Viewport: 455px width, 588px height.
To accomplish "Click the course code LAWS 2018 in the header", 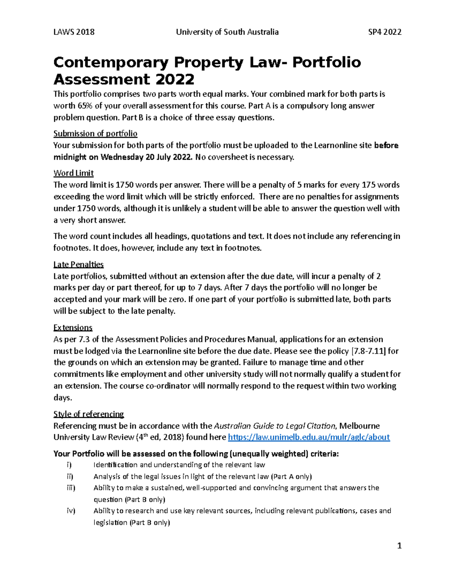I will (x=74, y=32).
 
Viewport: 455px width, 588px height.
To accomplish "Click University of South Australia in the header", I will (x=227, y=32).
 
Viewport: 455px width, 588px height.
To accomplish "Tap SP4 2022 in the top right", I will (x=385, y=32).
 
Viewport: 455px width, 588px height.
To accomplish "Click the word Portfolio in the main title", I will (x=326, y=62).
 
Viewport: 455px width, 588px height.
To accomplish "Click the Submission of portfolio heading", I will (x=95, y=134).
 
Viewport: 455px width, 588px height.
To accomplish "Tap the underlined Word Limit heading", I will (x=74, y=173).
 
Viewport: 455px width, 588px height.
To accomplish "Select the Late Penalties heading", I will (x=78, y=264).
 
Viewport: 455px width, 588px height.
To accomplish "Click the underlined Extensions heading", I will (x=73, y=328).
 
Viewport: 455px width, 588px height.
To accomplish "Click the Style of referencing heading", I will (x=89, y=414).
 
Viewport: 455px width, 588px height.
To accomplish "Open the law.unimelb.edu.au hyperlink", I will (x=309, y=437).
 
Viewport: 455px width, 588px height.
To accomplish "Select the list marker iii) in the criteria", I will (x=71, y=488).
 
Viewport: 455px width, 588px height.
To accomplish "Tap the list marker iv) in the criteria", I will (x=71, y=511).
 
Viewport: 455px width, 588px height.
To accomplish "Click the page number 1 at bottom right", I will (x=399, y=546).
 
